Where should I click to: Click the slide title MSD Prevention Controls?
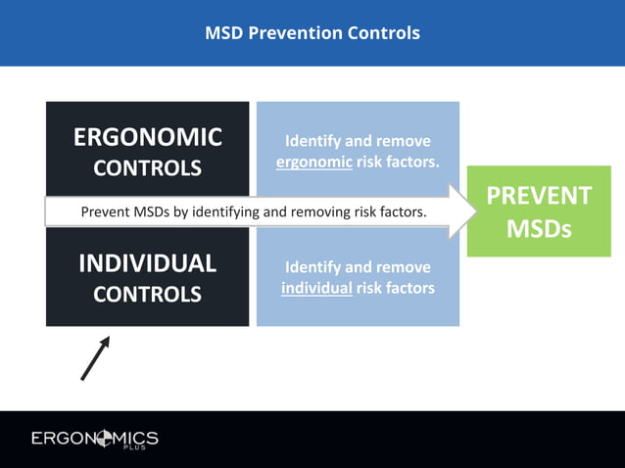click(x=312, y=33)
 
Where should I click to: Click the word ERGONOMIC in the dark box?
click(x=148, y=137)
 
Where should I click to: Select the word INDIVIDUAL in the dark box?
click(x=148, y=263)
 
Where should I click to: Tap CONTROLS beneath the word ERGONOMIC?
click(x=148, y=168)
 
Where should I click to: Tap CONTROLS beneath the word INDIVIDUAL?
click(x=148, y=294)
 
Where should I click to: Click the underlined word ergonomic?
click(x=314, y=162)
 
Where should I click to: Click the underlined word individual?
click(x=316, y=288)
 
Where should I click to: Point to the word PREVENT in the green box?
click(x=539, y=196)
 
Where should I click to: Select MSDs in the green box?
click(x=539, y=231)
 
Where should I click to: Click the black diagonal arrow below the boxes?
click(x=95, y=357)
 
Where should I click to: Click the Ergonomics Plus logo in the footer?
click(x=94, y=439)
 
